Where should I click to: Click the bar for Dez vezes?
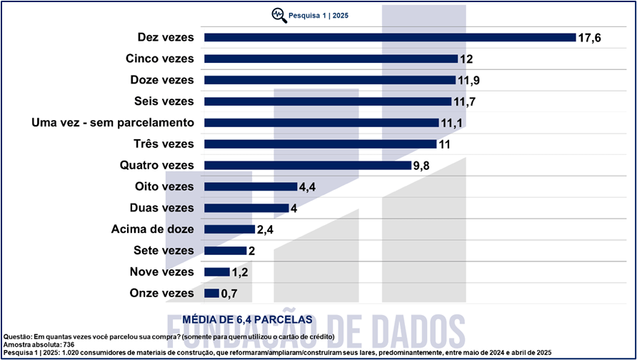(x=389, y=37)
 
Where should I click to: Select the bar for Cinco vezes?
(x=330, y=59)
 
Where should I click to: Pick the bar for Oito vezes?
(x=250, y=187)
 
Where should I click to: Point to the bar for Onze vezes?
(x=211, y=293)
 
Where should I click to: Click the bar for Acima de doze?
(x=229, y=229)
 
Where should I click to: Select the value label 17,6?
(x=590, y=37)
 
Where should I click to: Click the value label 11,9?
(x=469, y=80)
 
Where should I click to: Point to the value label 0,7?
(x=229, y=294)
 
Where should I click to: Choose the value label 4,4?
(x=307, y=187)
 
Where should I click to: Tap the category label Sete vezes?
(x=164, y=251)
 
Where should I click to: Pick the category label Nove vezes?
(x=162, y=272)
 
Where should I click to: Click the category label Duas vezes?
(x=164, y=209)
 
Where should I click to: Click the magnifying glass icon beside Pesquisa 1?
(x=276, y=14)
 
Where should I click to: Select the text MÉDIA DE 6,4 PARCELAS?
(x=248, y=318)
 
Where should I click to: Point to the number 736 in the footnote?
(x=69, y=345)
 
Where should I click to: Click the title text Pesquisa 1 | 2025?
(x=318, y=14)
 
